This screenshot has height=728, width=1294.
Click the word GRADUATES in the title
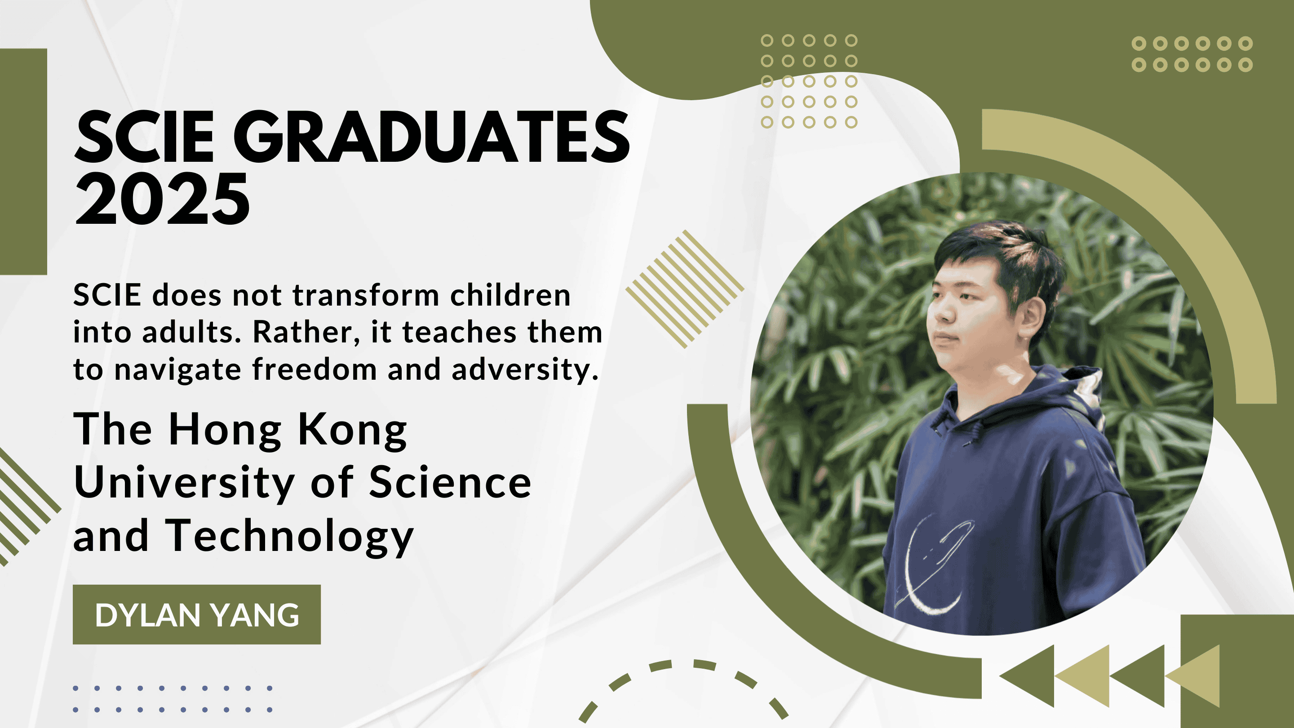(431, 137)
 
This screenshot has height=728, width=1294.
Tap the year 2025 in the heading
(162, 199)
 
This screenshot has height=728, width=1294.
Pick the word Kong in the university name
(352, 430)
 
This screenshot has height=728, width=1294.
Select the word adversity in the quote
(525, 370)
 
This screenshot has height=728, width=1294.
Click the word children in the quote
(510, 295)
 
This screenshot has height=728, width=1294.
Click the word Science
(450, 482)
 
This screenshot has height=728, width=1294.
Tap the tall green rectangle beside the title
(23, 162)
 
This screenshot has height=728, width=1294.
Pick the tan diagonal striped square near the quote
(684, 289)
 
